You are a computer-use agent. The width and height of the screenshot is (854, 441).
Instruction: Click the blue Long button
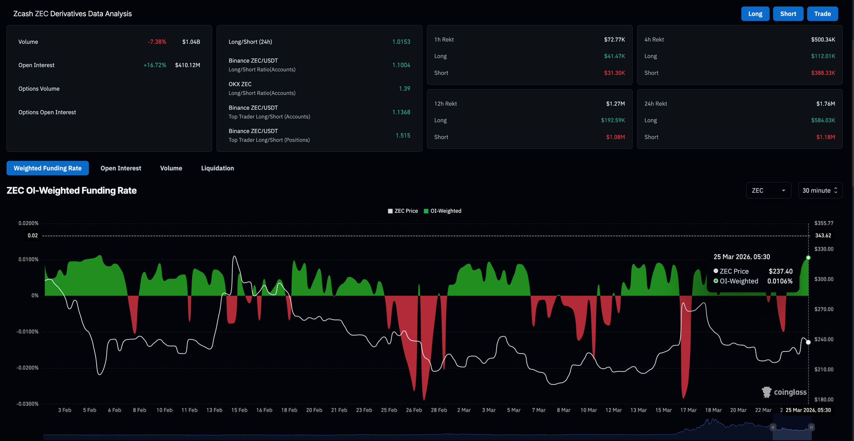(x=755, y=14)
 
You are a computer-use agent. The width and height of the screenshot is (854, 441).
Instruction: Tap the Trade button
(x=822, y=14)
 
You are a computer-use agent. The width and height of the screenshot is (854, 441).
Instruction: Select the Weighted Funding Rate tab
(x=47, y=168)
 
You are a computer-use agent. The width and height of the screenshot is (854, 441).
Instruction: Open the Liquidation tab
(x=217, y=168)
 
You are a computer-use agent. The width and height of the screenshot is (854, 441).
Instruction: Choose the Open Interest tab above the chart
(x=121, y=168)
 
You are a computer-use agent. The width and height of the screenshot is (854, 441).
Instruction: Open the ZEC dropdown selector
(x=769, y=190)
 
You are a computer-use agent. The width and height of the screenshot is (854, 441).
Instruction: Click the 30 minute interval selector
(x=820, y=190)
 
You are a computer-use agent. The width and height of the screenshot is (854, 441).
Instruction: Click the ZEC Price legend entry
(x=403, y=211)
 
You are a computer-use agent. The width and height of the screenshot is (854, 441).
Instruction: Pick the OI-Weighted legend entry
(x=442, y=211)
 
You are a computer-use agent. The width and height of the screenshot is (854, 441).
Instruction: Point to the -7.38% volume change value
(x=157, y=41)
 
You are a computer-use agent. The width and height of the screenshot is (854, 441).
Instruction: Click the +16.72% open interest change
(x=155, y=65)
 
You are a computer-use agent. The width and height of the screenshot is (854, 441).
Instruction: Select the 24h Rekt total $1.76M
(x=825, y=103)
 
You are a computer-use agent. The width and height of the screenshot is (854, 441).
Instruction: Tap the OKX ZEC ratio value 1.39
(x=404, y=88)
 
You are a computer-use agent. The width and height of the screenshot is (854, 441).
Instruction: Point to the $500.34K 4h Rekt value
(x=823, y=39)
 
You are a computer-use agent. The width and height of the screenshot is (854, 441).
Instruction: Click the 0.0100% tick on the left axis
(x=28, y=259)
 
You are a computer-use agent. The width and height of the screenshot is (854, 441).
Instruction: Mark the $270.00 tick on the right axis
(x=824, y=309)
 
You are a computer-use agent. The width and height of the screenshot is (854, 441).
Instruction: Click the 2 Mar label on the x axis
(x=464, y=410)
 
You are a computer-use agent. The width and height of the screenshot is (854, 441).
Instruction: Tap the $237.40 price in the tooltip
(x=781, y=271)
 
